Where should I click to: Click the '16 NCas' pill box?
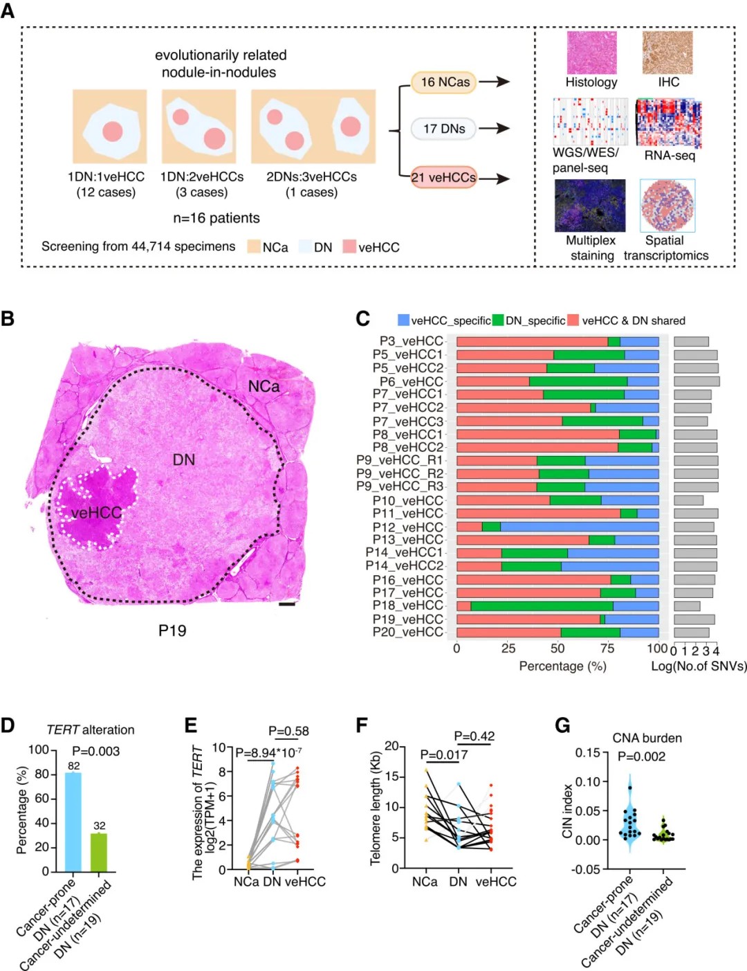[445, 82]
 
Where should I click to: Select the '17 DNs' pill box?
[444, 129]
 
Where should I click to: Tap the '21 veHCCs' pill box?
[443, 177]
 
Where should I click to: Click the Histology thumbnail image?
[591, 53]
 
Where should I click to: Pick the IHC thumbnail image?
[667, 53]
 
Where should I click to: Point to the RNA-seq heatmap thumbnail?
[668, 123]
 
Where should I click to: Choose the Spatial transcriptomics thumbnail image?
[667, 206]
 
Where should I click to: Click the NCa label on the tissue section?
[264, 386]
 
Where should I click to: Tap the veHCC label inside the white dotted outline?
[96, 513]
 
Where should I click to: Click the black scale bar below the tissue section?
[287, 604]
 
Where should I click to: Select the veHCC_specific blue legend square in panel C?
[403, 320]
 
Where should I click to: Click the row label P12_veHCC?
[408, 527]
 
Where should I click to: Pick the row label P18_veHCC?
[408, 606]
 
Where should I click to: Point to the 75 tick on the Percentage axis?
[607, 648]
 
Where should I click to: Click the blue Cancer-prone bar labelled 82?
[73, 822]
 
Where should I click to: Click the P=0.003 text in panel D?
[95, 752]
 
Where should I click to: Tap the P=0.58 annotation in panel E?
[288, 732]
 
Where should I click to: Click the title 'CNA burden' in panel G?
[647, 738]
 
